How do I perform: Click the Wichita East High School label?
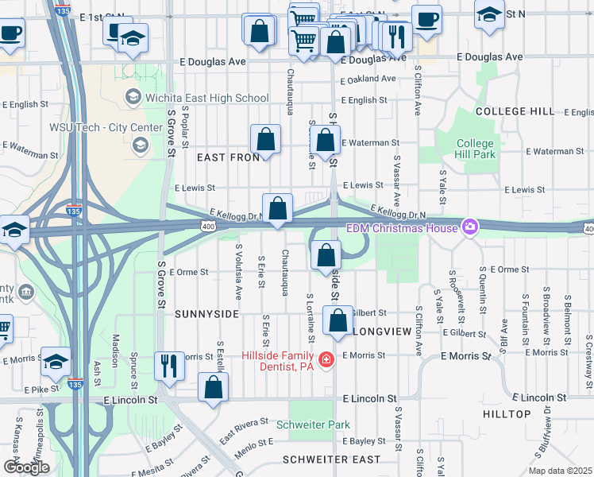(206, 98)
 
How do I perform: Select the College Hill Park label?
(475, 149)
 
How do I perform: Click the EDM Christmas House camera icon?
(470, 228)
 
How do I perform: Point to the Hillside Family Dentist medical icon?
(326, 361)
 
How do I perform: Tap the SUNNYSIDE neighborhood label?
(206, 314)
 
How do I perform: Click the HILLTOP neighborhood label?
(507, 414)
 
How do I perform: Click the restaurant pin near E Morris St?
(168, 365)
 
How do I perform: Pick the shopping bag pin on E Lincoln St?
(213, 387)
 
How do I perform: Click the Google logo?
(27, 467)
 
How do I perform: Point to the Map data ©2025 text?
(559, 471)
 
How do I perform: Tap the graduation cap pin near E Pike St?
(56, 361)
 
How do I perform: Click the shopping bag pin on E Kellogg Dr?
(277, 209)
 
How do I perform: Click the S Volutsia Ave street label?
(238, 271)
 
